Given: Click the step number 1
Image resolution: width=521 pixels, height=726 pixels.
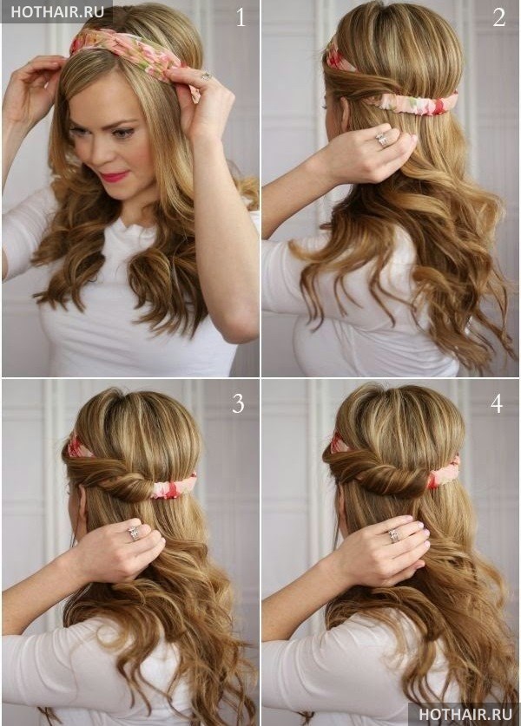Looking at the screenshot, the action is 241,18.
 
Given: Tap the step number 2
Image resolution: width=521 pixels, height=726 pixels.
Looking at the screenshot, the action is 498,18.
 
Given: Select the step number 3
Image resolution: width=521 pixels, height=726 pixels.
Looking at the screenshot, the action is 238,404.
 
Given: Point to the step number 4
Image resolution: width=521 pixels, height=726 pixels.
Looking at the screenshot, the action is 497,404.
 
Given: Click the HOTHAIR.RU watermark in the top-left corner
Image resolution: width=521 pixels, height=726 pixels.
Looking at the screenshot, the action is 57,12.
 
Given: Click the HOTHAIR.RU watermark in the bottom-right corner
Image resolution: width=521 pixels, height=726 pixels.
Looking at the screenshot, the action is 465,715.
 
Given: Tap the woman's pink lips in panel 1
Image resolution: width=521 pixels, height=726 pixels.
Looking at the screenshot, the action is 114,176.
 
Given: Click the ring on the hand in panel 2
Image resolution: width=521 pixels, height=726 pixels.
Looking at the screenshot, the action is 382,140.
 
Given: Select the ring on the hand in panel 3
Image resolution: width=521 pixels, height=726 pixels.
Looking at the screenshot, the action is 134,533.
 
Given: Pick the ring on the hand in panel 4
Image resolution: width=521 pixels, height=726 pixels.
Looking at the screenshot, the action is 394,536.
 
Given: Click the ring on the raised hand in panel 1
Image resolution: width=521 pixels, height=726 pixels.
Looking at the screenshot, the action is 205,75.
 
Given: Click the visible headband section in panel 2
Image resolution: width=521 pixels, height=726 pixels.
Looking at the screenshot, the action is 412,104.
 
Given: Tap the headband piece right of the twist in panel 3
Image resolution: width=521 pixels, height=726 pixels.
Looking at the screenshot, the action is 174,487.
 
